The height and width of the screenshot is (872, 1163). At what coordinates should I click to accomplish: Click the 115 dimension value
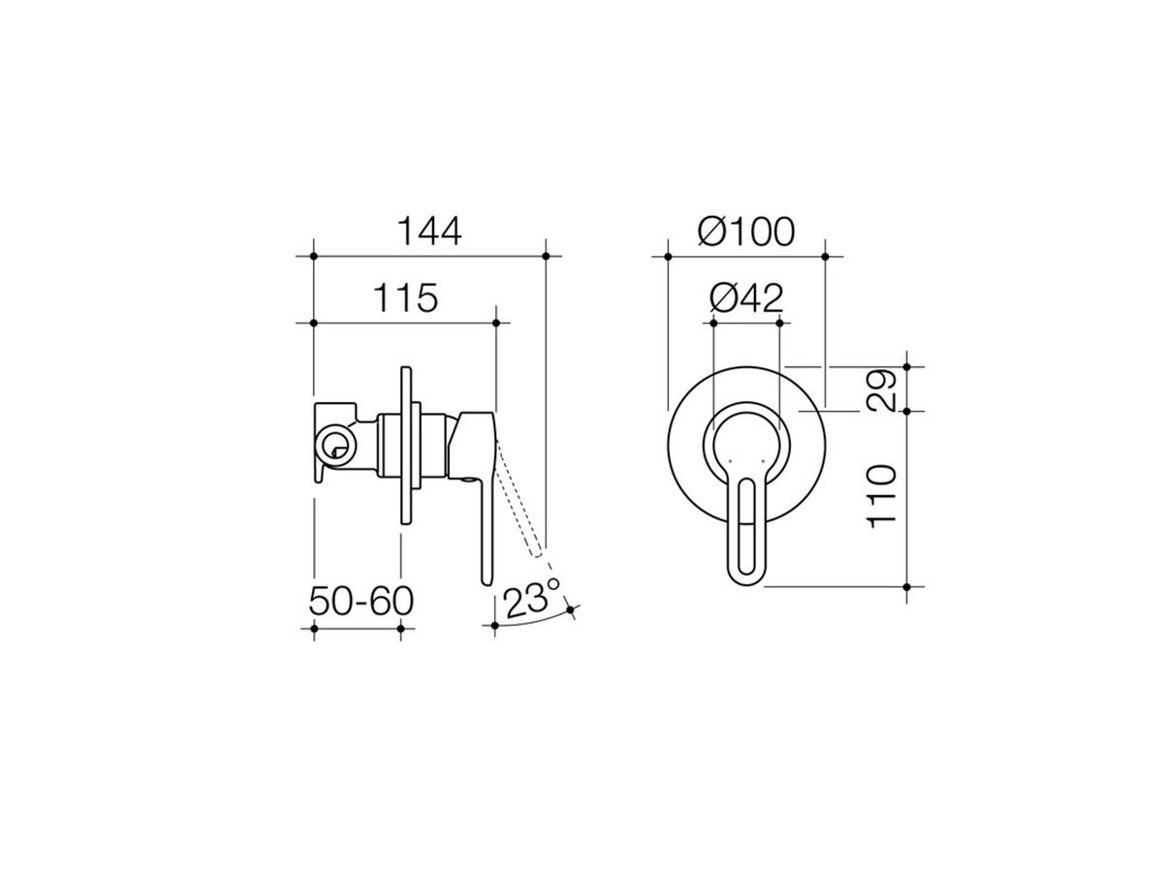pyautogui.click(x=403, y=298)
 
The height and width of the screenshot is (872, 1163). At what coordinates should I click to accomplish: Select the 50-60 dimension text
pyautogui.click(x=361, y=601)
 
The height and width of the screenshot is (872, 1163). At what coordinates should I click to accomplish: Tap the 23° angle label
pyautogui.click(x=532, y=598)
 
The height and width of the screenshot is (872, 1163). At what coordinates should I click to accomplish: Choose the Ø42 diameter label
pyautogui.click(x=745, y=298)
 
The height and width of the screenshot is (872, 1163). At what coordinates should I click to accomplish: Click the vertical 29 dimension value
pyautogui.click(x=883, y=389)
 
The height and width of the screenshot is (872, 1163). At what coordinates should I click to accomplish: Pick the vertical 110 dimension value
pyautogui.click(x=883, y=496)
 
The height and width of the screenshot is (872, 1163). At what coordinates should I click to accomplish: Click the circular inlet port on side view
pyautogui.click(x=335, y=447)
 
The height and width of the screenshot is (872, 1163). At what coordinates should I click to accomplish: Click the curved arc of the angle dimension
pyautogui.click(x=533, y=622)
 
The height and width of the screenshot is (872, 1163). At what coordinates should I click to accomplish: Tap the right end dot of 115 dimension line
pyautogui.click(x=496, y=323)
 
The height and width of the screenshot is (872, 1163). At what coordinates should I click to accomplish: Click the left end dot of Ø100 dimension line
pyautogui.click(x=667, y=256)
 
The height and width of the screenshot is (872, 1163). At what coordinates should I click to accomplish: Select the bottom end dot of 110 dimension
pyautogui.click(x=907, y=587)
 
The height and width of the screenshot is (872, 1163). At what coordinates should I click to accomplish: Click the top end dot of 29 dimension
pyautogui.click(x=907, y=366)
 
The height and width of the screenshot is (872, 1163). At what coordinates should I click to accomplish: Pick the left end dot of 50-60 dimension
pyautogui.click(x=314, y=629)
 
